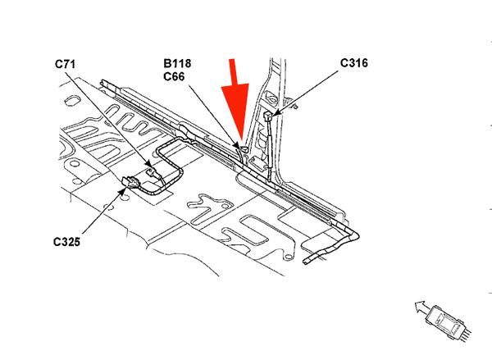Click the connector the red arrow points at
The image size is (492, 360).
[x=242, y=148]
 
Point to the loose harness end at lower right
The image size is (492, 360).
[x=305, y=261]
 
